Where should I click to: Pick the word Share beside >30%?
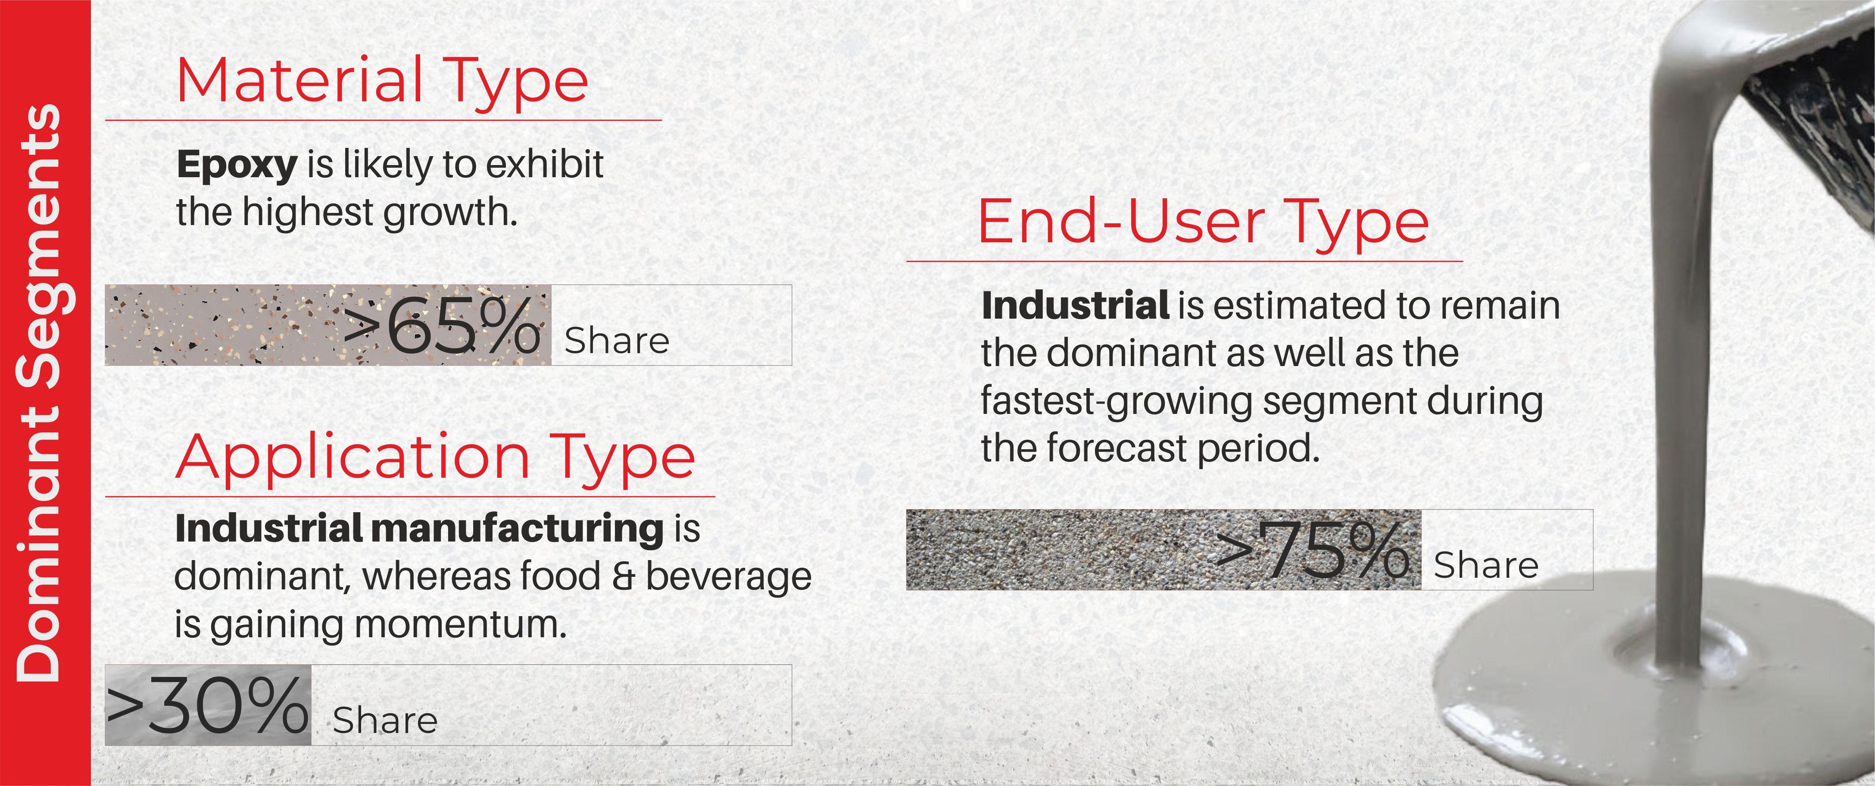point(385,720)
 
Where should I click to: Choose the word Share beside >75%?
point(1485,565)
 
